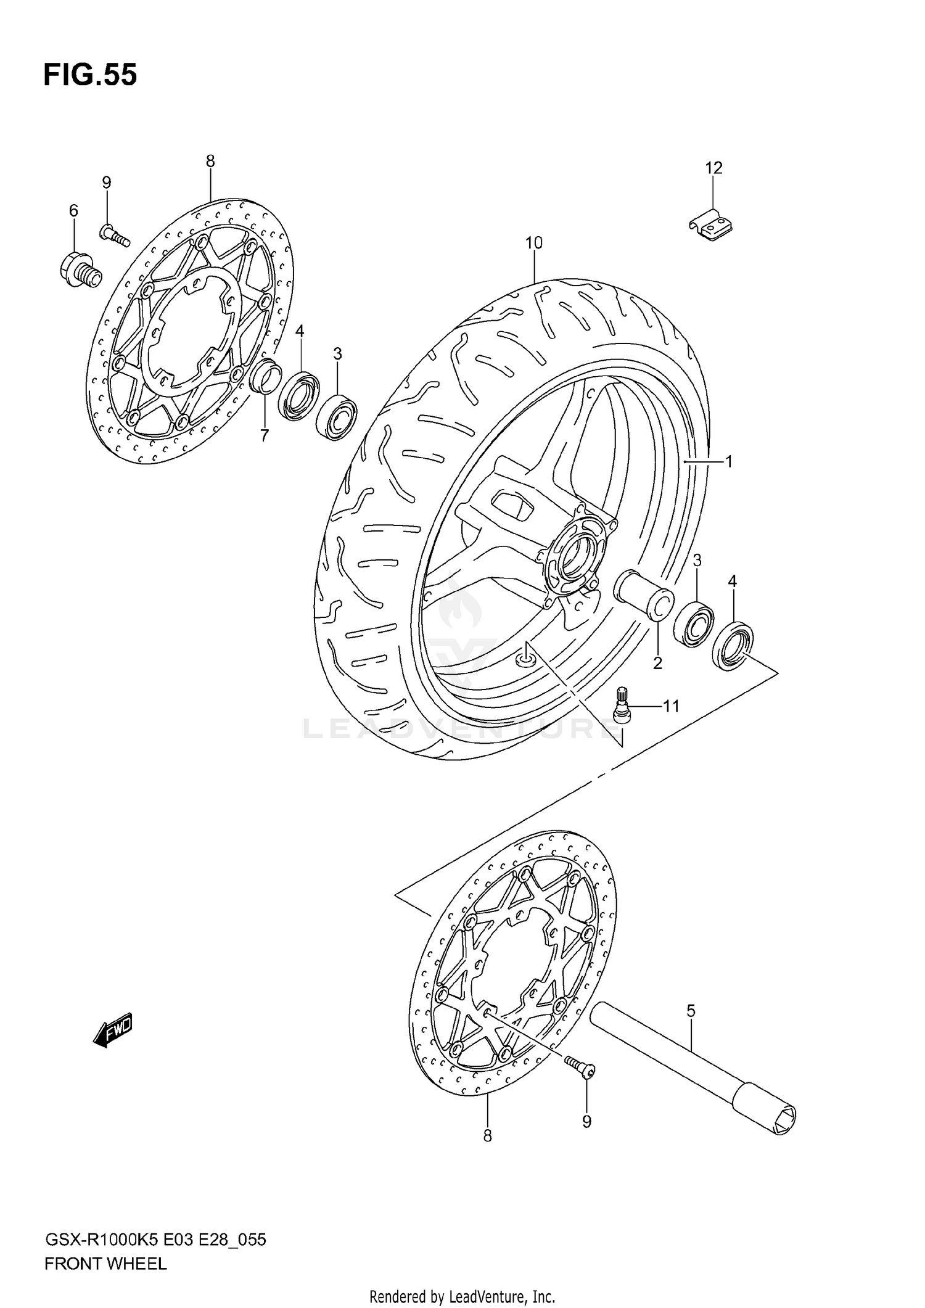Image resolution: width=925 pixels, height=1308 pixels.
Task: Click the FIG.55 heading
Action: click(x=90, y=75)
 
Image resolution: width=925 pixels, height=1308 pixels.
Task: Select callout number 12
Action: click(x=713, y=168)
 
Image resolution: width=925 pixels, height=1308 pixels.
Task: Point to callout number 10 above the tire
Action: click(x=533, y=243)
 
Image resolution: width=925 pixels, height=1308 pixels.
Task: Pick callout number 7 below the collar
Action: click(x=265, y=436)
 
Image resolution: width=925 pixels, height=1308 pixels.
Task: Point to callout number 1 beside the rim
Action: click(x=728, y=461)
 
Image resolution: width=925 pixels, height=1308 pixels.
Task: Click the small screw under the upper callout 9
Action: click(x=113, y=235)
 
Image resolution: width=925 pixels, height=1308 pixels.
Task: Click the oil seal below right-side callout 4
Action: click(x=733, y=647)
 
